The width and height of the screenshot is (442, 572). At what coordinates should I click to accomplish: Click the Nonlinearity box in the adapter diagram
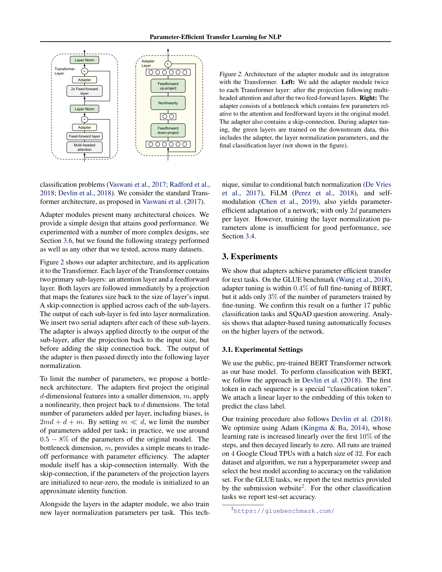[168, 103]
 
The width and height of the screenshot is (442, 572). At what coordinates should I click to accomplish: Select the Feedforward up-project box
[168, 86]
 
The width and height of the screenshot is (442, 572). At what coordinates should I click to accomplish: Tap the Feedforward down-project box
[168, 131]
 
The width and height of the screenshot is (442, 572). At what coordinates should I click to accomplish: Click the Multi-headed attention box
[84, 147]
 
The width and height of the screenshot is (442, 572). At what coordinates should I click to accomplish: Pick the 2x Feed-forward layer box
[84, 91]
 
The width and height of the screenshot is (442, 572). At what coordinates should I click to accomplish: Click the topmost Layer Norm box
[84, 60]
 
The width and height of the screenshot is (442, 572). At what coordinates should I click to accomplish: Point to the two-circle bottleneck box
[168, 116]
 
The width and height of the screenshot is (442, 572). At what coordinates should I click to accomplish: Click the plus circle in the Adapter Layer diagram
[168, 64]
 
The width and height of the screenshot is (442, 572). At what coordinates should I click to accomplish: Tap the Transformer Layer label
[64, 71]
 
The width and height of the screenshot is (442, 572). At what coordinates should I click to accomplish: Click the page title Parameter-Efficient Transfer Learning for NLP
[215, 37]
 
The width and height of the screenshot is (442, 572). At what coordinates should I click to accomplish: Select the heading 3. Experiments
[250, 256]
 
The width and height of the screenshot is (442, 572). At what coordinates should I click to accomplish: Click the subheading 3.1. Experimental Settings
[262, 350]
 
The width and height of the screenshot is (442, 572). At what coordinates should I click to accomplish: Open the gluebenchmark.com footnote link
[284, 511]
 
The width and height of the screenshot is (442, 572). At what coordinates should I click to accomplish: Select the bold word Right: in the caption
[368, 98]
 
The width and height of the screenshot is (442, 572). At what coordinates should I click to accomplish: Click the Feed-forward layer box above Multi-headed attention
[84, 136]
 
